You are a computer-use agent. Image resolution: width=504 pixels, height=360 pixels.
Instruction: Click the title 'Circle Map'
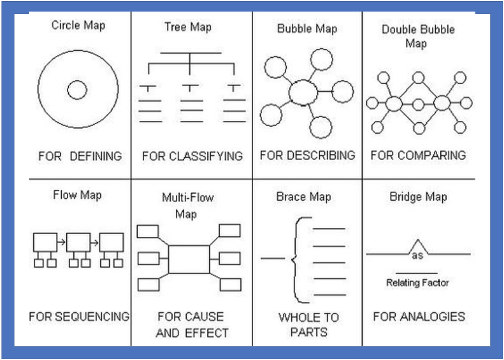click(x=78, y=25)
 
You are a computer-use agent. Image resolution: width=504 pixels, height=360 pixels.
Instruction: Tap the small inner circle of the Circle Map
click(x=77, y=90)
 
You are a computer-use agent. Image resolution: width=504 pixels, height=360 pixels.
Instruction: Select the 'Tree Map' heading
click(x=188, y=27)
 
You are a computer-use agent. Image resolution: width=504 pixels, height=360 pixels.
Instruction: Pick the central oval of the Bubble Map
click(x=303, y=92)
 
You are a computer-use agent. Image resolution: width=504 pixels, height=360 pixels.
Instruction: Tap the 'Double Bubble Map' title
click(x=418, y=36)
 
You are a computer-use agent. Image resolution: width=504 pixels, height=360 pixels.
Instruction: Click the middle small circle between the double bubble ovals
click(x=418, y=105)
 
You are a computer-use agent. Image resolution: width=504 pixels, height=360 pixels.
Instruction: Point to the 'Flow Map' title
click(x=77, y=195)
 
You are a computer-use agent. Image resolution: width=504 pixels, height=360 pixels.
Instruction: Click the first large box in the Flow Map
click(x=45, y=242)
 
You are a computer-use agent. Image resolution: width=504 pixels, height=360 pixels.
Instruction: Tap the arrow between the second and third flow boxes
click(x=94, y=243)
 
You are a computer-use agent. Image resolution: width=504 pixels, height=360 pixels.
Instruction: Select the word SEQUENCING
click(x=92, y=317)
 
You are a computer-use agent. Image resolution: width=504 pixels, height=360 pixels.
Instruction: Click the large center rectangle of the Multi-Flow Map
click(x=189, y=259)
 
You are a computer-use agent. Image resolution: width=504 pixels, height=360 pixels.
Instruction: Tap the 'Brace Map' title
click(x=303, y=197)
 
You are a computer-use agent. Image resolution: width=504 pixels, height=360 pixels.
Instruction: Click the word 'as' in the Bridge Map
click(x=417, y=256)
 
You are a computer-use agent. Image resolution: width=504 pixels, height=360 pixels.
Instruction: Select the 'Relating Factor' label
click(x=417, y=283)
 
